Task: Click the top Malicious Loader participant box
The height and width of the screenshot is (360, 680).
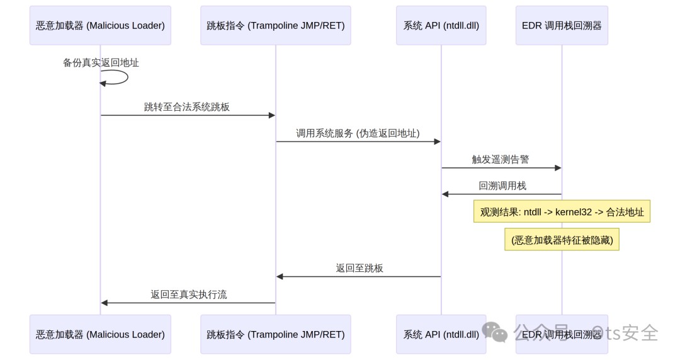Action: coord(100,26)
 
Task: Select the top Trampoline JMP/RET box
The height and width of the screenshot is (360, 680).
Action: coord(275,26)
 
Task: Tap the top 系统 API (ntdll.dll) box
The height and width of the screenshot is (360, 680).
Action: coord(441,26)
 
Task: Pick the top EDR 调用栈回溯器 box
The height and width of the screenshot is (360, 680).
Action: coord(562,26)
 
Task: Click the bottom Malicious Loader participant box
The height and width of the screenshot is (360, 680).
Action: coord(100,334)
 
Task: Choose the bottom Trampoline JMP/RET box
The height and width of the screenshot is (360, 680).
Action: coord(275,334)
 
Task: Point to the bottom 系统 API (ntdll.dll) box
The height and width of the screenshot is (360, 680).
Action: coord(441,334)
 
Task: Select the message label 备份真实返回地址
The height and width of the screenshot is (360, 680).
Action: coord(101,63)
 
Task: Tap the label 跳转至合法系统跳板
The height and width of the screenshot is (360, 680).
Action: coord(187,107)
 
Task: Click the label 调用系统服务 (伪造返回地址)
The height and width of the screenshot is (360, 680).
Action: coord(358,133)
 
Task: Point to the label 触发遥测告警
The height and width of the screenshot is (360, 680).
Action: coord(501,160)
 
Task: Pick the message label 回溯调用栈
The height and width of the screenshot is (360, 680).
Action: coord(502,186)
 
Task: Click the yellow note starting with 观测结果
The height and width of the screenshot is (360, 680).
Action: coord(562,211)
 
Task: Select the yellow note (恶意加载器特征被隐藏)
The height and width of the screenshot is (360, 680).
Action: coord(562,240)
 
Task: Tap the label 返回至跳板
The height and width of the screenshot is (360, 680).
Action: coord(360,269)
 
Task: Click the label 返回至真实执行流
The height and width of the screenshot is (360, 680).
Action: coord(189,295)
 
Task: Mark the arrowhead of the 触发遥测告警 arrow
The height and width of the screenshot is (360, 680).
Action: coord(558,168)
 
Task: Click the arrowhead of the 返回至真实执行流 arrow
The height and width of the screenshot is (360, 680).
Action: coord(104,303)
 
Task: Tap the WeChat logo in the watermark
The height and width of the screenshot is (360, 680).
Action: coord(495,332)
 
